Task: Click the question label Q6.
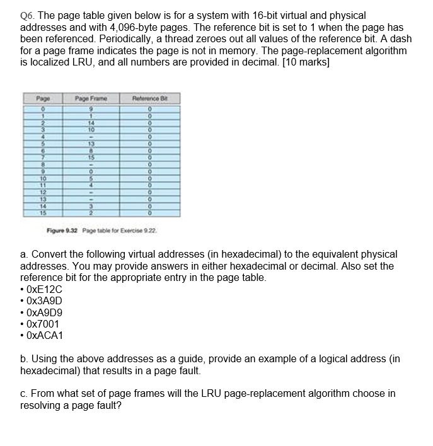tap(28, 15)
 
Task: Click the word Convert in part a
tap(48, 254)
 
